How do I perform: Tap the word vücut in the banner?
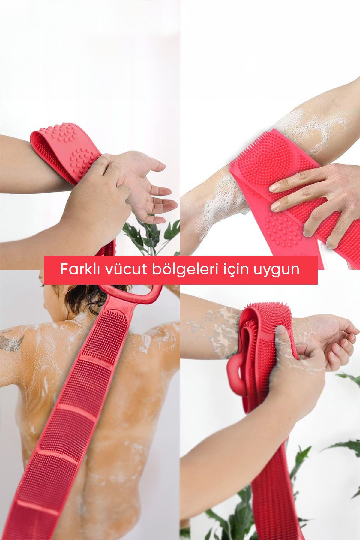[x=122, y=269]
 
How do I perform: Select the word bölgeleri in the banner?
[x=181, y=270]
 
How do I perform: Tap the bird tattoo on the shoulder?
[x=12, y=342]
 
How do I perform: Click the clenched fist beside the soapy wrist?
[x=297, y=375]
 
